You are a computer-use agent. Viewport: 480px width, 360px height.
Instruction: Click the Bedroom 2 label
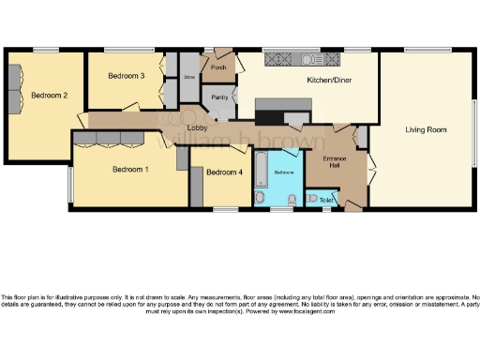click(x=49, y=95)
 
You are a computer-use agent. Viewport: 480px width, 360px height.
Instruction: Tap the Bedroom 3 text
click(x=126, y=76)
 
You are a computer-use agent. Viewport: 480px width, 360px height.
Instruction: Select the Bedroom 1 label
click(x=130, y=169)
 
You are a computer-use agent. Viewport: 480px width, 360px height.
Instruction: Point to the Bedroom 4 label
click(x=224, y=172)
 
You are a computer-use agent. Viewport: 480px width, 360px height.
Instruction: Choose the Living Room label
click(x=426, y=129)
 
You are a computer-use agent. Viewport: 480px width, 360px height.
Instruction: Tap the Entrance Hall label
click(x=336, y=162)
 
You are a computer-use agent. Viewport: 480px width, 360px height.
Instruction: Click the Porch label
click(x=219, y=68)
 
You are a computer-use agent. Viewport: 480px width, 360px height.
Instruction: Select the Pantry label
click(x=220, y=97)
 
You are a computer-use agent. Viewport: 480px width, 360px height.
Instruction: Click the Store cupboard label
click(x=188, y=77)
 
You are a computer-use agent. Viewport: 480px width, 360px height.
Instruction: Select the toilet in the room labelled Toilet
click(x=310, y=200)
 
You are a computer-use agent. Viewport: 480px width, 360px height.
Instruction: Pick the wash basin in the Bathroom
click(x=292, y=198)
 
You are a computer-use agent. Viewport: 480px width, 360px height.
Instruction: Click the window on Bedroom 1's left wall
click(x=69, y=185)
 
